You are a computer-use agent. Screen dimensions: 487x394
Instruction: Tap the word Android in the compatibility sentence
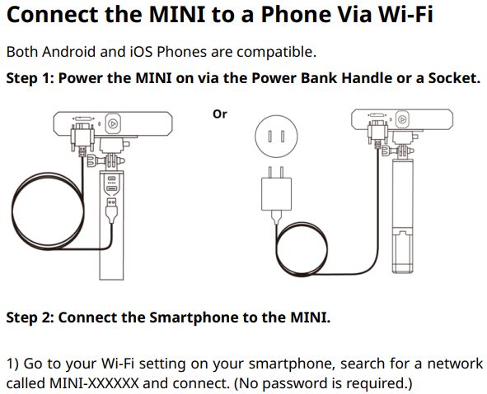(68, 52)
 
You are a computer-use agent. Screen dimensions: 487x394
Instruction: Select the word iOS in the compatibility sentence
(141, 52)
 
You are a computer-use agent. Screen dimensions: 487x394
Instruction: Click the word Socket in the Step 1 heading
(454, 78)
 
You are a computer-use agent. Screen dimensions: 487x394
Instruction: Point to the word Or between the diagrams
(219, 114)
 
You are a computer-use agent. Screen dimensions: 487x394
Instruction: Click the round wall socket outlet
(276, 136)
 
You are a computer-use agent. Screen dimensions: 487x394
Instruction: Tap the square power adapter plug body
(276, 194)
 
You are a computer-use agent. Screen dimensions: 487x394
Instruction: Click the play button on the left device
(113, 124)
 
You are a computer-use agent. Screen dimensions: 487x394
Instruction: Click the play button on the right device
(402, 119)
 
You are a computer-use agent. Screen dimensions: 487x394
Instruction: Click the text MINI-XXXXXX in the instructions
(94, 383)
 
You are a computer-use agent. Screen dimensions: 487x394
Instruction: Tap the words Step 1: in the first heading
(30, 78)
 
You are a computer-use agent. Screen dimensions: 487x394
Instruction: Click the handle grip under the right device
(402, 216)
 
